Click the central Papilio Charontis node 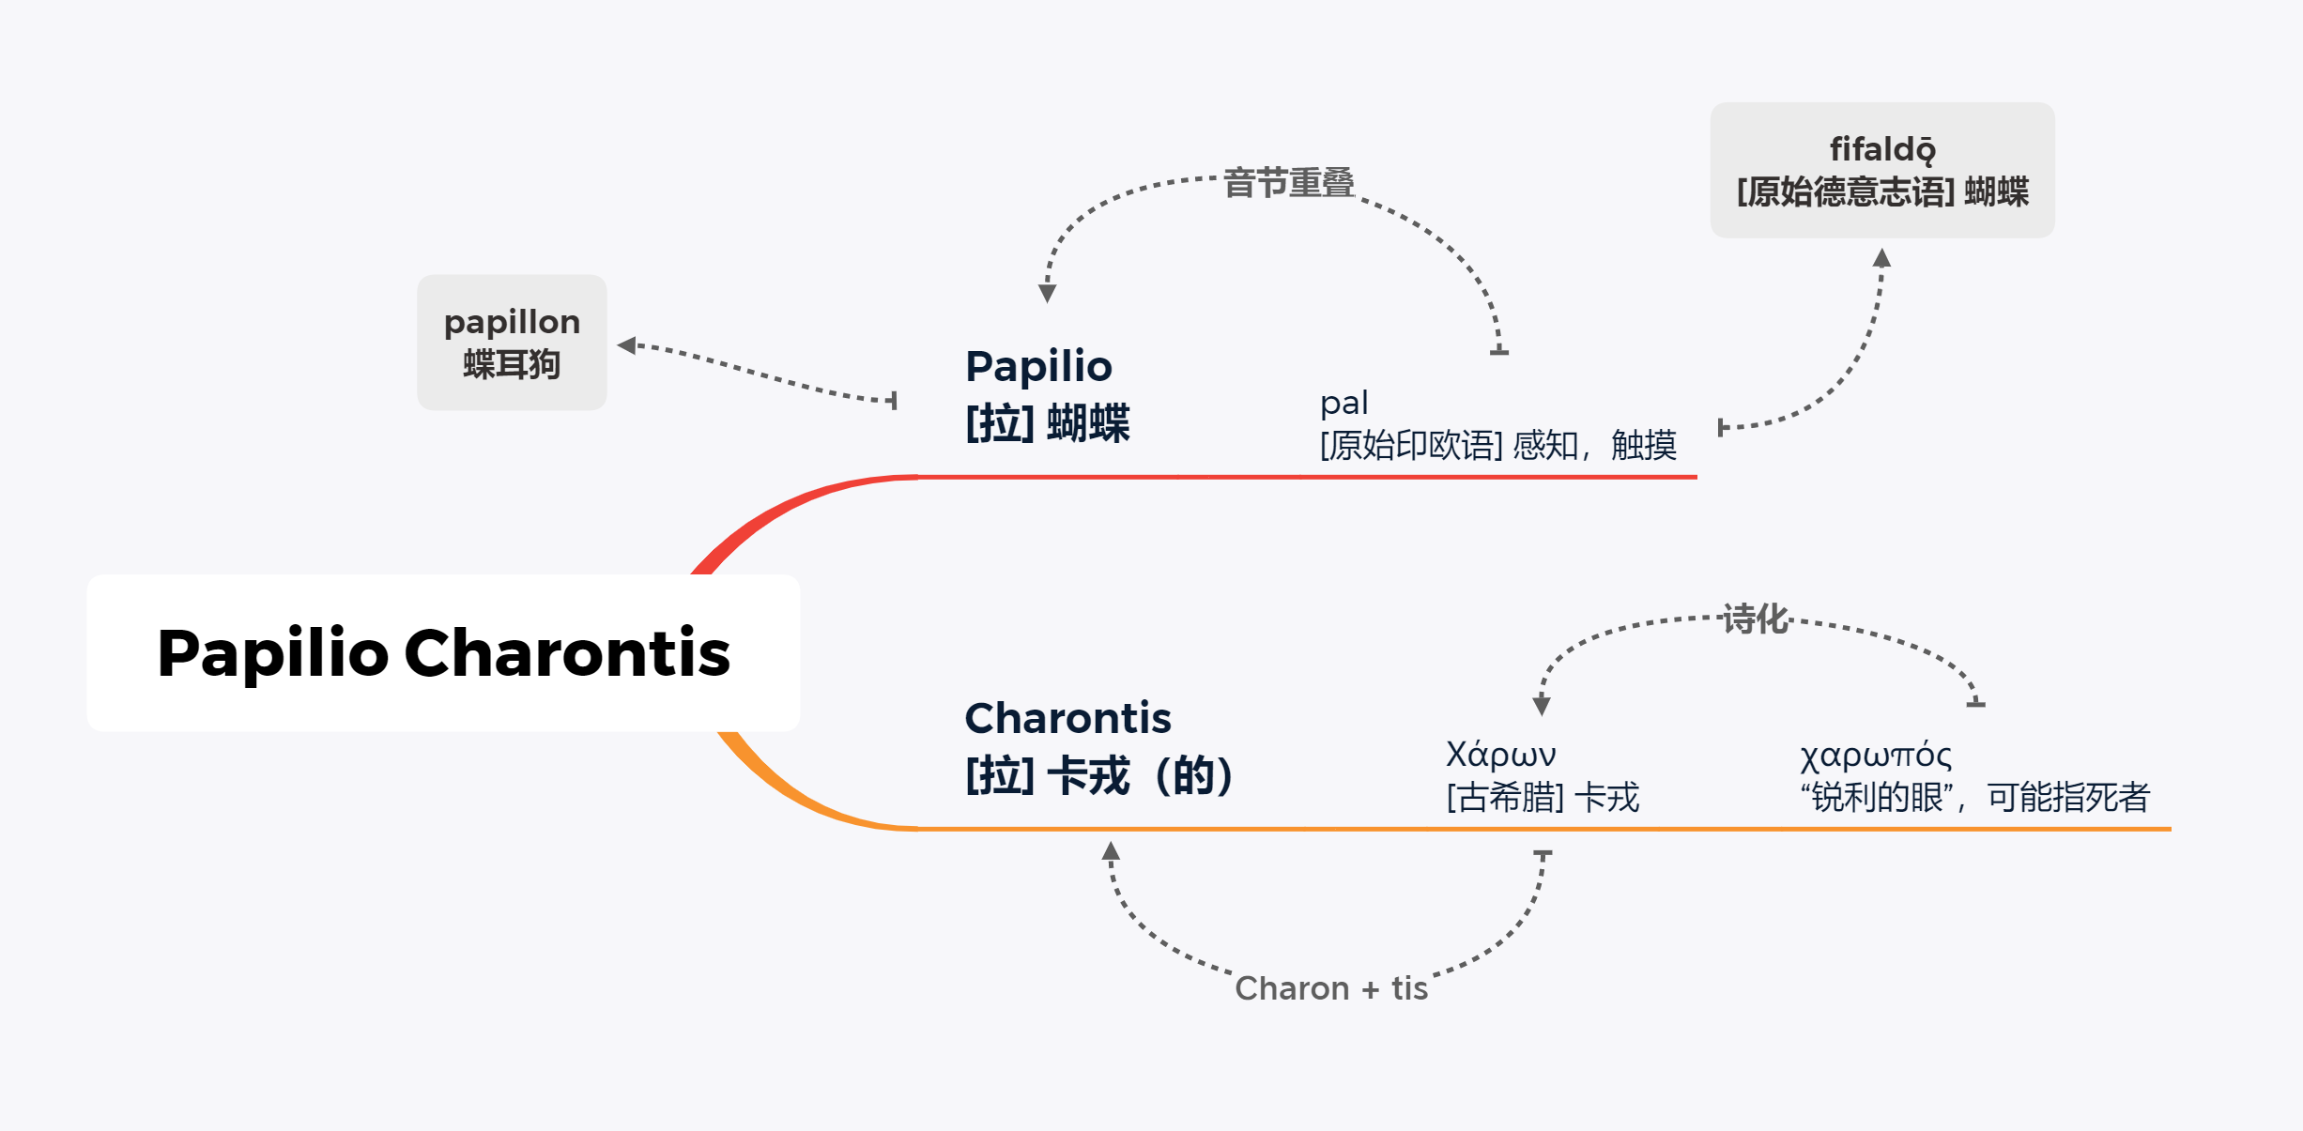tap(443, 653)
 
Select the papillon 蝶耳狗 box tap(512, 343)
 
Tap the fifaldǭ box tap(1882, 170)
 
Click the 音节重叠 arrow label tap(1288, 183)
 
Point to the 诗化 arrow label tap(1756, 619)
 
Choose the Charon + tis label tap(1330, 988)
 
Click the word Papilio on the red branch tap(1038, 366)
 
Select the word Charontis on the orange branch tap(1067, 718)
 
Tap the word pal tap(1343, 403)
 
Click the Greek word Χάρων tap(1500, 755)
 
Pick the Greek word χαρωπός tap(1875, 756)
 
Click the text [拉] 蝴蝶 tap(1048, 422)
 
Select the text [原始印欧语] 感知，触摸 tap(1497, 445)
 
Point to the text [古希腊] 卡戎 tap(1543, 798)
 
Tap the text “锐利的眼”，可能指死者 tap(1975, 798)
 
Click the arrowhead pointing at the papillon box tap(626, 345)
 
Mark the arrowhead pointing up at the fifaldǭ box tap(1881, 258)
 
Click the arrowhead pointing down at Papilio tap(1047, 293)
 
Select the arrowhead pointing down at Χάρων tap(1541, 706)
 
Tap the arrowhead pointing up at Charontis tap(1111, 851)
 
